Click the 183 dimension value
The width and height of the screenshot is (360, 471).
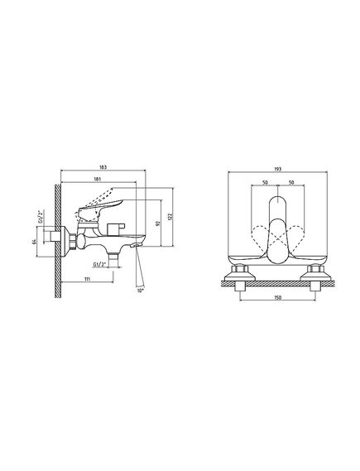pyautogui.click(x=103, y=167)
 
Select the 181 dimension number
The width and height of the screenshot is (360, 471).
pyautogui.click(x=98, y=179)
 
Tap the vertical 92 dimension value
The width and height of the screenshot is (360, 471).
pyautogui.click(x=159, y=223)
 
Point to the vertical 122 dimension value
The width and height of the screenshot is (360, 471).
pyautogui.click(x=170, y=217)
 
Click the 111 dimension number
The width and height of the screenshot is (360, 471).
pyautogui.click(x=88, y=279)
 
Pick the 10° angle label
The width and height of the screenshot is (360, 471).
pyautogui.click(x=140, y=291)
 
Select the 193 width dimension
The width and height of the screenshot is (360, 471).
pyautogui.click(x=278, y=170)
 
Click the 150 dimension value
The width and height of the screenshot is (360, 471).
pyautogui.click(x=278, y=298)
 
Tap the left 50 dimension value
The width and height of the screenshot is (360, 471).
pyautogui.click(x=265, y=183)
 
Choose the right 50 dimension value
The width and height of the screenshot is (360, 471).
pyautogui.click(x=291, y=183)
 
